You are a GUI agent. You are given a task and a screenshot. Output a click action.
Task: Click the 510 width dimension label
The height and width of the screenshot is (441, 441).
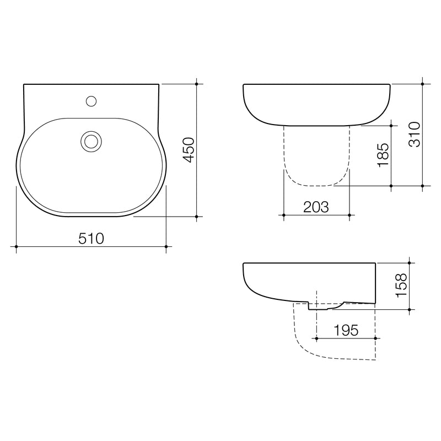pyautogui.click(x=92, y=238)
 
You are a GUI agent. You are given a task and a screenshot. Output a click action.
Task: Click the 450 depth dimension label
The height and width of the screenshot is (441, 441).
pyautogui.click(x=189, y=150)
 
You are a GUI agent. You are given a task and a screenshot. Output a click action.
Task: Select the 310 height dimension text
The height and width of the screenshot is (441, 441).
pyautogui.click(x=415, y=135)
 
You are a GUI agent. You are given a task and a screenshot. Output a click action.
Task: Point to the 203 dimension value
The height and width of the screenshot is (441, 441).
pyautogui.click(x=316, y=207)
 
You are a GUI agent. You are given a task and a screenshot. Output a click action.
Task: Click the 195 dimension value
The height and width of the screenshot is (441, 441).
pyautogui.click(x=346, y=330)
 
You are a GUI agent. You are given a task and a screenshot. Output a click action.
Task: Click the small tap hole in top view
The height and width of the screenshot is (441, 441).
pyautogui.click(x=92, y=101)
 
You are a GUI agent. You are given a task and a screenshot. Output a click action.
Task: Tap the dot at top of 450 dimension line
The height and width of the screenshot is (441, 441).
pyautogui.click(x=197, y=84)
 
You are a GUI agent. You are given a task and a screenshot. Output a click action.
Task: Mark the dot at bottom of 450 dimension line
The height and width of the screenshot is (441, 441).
pyautogui.click(x=197, y=217)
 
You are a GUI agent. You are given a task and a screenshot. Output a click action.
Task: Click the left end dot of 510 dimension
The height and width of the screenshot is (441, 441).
pyautogui.click(x=17, y=246)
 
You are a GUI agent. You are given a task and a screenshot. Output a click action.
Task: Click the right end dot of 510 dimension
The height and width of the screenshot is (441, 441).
pyautogui.click(x=166, y=246)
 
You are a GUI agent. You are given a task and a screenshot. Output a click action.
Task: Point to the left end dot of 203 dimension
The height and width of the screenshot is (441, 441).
pyautogui.click(x=283, y=215)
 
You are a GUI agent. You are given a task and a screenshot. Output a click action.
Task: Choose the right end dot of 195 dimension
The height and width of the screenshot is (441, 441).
pyautogui.click(x=375, y=337)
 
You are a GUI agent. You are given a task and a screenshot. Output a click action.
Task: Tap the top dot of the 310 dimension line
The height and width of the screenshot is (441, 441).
pyautogui.click(x=422, y=84)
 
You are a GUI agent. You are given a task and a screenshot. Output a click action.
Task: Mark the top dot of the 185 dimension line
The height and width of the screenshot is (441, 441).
pyautogui.click(x=391, y=125)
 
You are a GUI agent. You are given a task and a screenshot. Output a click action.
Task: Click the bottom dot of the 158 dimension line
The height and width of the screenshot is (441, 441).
pyautogui.click(x=409, y=310)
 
